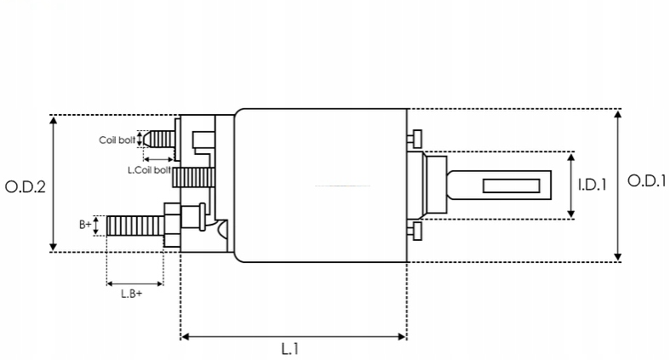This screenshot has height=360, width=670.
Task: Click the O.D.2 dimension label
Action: pyautogui.click(x=25, y=186)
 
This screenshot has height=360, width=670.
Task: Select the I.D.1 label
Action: pyautogui.click(x=593, y=184)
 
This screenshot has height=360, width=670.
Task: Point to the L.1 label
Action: pyautogui.click(x=290, y=348)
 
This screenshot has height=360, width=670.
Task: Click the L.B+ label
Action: pyautogui.click(x=131, y=294)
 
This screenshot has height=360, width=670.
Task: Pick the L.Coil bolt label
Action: pyautogui.click(x=149, y=169)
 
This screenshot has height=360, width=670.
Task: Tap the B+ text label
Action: pyautogui.click(x=85, y=225)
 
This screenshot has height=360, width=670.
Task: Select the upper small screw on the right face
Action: pyautogui.click(x=415, y=138)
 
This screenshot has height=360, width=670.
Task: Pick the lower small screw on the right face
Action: pyautogui.click(x=415, y=231)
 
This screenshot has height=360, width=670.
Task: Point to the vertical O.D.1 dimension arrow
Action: pyautogui.click(x=618, y=185)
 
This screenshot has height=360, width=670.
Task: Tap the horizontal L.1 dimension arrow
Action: pyautogui.click(x=294, y=337)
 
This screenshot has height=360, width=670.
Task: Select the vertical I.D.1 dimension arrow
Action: pyautogui.click(x=570, y=185)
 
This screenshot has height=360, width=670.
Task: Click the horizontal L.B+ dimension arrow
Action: pyautogui.click(x=135, y=283)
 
